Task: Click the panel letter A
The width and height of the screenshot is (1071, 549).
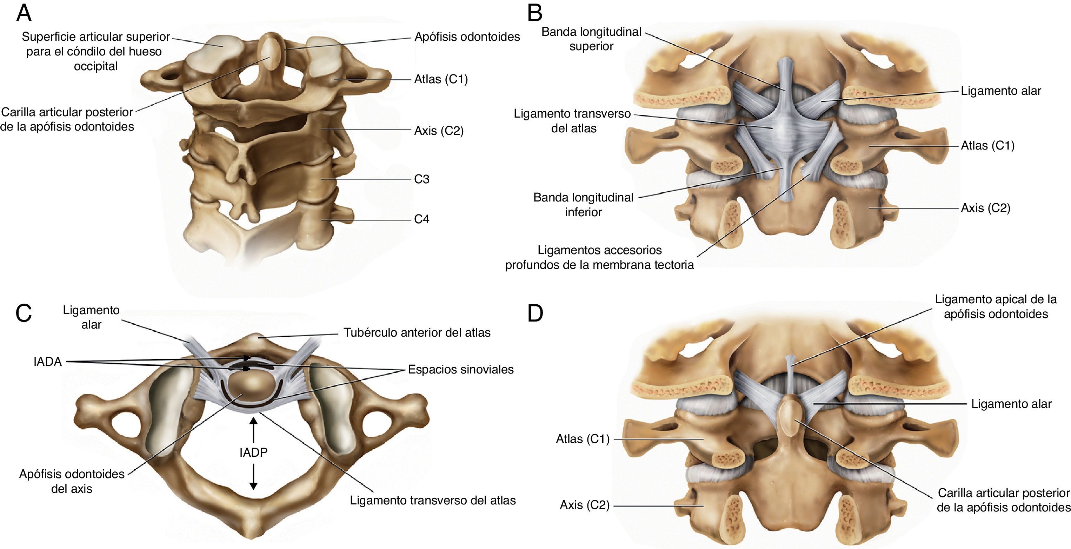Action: coord(24,13)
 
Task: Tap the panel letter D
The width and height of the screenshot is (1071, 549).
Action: coord(535,313)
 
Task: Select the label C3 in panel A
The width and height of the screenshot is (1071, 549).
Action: coord(421,179)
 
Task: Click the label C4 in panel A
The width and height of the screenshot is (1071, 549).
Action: coord(421,219)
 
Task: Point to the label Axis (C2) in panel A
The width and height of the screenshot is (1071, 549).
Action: coord(439,131)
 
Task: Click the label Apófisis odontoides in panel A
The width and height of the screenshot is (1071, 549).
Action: coord(467,37)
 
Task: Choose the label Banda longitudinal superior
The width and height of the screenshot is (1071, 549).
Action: coord(591,39)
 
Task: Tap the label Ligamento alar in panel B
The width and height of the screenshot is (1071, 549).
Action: coord(1001,91)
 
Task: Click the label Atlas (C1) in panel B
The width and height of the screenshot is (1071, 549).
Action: coord(987,146)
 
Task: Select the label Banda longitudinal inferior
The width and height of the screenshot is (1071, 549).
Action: coord(583,205)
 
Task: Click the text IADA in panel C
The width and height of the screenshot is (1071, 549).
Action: coord(47,362)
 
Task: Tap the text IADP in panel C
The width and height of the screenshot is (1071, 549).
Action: coord(253,452)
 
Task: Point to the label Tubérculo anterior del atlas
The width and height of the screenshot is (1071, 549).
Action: coord(417,333)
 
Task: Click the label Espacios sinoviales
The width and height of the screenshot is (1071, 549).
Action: coord(461,369)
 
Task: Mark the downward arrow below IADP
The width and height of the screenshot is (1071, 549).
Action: coord(253,476)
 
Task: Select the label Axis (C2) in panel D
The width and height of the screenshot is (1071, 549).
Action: coord(585,505)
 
